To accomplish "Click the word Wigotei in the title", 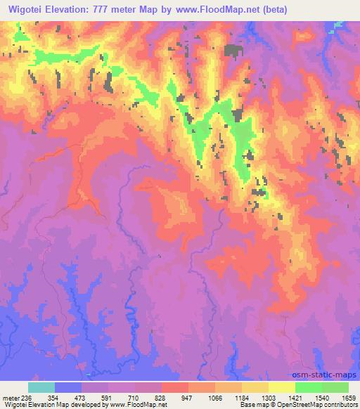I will (x=25, y=9).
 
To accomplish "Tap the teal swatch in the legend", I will (x=41, y=387).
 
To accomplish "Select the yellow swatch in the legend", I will (x=281, y=387).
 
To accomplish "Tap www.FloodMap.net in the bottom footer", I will (x=140, y=405).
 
